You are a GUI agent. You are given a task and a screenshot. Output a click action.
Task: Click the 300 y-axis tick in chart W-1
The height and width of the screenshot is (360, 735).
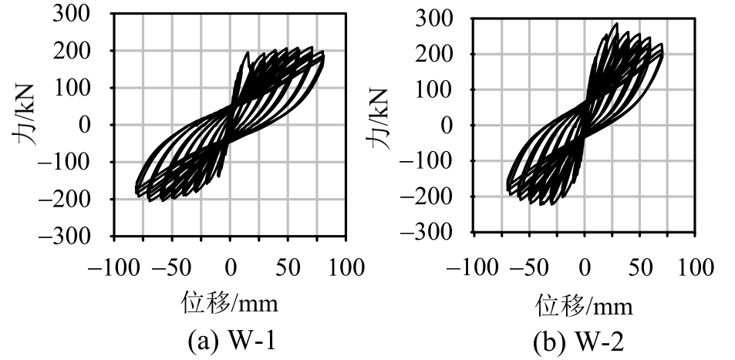tap(89, 14)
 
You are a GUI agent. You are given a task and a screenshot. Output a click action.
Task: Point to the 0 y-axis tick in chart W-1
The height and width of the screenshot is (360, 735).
tap(98, 125)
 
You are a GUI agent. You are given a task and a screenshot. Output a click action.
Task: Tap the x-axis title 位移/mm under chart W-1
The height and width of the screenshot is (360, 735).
tap(229, 304)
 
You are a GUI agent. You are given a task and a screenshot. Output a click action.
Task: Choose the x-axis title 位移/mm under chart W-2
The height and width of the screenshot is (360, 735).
tap(584, 306)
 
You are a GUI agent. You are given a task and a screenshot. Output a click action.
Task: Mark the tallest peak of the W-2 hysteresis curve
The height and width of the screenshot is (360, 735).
tap(615, 24)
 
